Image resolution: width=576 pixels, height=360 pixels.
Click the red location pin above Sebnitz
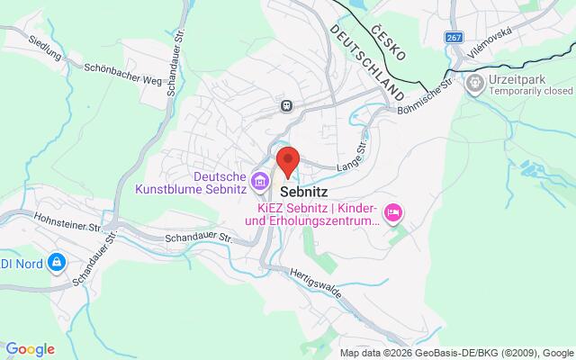pos(287,160)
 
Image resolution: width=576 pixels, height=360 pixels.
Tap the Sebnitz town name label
pos(303,192)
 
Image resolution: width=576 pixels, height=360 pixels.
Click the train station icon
pos(286,105)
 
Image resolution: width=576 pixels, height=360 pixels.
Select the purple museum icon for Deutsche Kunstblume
pos(259,181)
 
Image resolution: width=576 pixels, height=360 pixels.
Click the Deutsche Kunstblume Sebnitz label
pos(192,182)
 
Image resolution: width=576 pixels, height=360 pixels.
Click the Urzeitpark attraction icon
pos(473,82)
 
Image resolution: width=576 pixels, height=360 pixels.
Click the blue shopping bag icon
pos(57,261)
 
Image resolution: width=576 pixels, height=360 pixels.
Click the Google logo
pos(30,349)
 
